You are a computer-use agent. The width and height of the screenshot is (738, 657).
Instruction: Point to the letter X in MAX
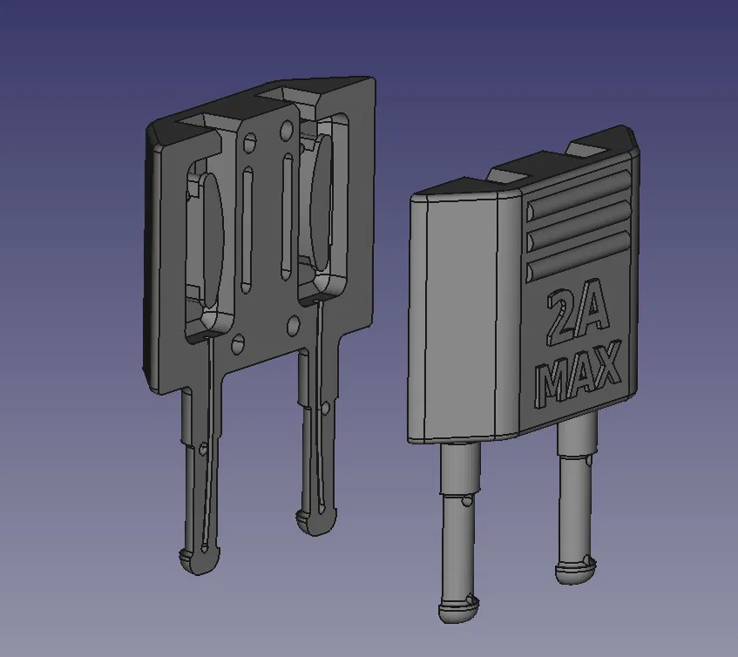click(607, 362)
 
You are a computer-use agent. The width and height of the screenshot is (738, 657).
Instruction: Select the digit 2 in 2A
click(561, 319)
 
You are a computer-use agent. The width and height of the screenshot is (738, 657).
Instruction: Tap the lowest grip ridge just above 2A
click(579, 255)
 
